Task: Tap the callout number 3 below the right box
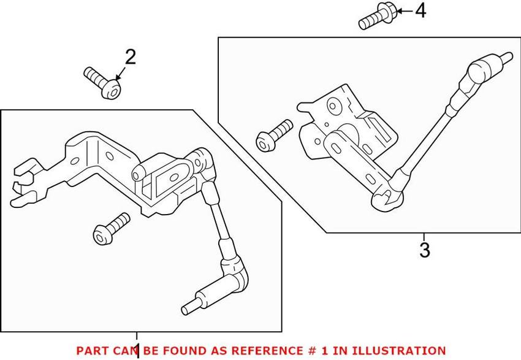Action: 424,250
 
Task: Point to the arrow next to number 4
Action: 403,10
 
